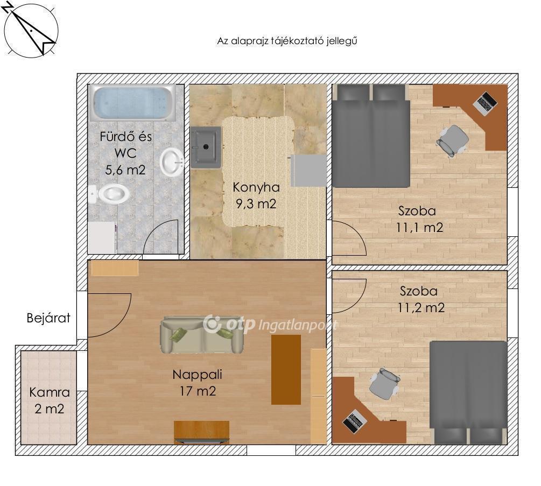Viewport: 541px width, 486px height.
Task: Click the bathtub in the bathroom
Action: point(134,103)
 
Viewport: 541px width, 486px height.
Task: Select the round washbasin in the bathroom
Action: point(172,162)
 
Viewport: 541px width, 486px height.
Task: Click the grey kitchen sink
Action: point(206,147)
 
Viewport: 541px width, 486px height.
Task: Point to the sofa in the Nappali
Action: point(202,335)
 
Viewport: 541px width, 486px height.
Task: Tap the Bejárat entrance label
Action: point(48,318)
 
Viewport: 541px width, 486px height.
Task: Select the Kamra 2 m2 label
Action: point(50,401)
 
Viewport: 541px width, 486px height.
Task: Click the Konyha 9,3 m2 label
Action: point(256,195)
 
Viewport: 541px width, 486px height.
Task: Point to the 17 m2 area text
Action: point(198,391)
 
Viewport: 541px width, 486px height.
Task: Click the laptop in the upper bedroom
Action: point(485,103)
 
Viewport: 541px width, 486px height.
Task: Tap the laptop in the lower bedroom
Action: point(354,421)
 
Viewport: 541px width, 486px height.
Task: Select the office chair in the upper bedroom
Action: point(452,140)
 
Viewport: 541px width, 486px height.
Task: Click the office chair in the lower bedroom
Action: point(384,383)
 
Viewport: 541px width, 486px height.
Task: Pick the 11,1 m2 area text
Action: point(419,228)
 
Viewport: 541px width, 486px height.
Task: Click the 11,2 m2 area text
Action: point(421,308)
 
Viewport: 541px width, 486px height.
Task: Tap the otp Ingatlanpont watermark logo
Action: point(270,324)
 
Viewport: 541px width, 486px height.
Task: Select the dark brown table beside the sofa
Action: point(286,369)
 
